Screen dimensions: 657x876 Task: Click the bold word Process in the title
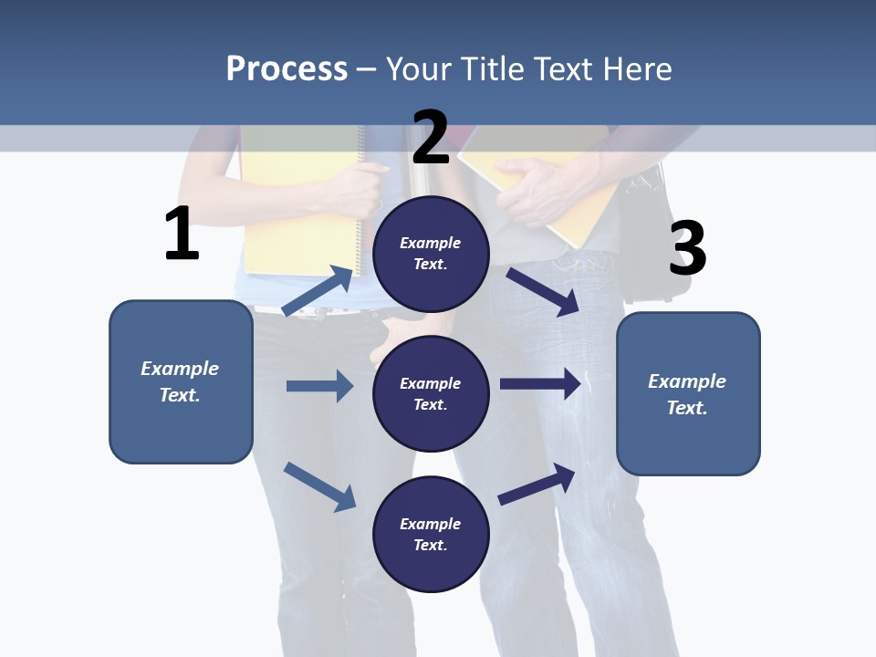coord(287,68)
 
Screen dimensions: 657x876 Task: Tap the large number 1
coord(182,234)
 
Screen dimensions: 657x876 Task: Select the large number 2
coord(431,137)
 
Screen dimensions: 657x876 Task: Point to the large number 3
coord(688,248)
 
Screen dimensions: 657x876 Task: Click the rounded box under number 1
coord(181,381)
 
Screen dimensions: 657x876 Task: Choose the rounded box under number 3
coord(688,394)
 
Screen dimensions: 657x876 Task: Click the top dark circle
coord(431,254)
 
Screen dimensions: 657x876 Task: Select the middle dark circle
coord(431,393)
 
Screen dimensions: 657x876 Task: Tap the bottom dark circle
coord(431,534)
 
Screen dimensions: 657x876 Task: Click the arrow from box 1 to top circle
coord(318,291)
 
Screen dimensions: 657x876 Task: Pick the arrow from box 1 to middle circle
coord(319,386)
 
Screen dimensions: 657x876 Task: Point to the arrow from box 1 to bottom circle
coord(319,485)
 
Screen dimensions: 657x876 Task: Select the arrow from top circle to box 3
coord(543,291)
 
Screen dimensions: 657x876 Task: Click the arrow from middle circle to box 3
coord(540,384)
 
